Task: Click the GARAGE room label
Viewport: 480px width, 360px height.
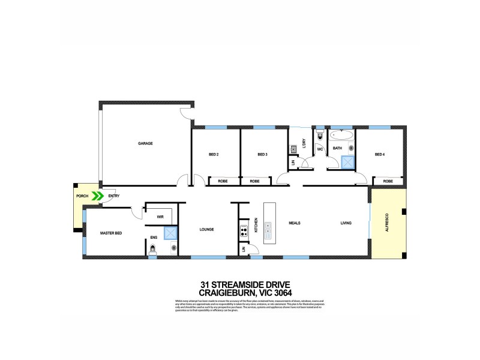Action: [145, 143]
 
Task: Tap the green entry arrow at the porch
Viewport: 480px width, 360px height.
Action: [95, 196]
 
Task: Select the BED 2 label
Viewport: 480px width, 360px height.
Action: [214, 155]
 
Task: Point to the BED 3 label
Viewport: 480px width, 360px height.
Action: [262, 155]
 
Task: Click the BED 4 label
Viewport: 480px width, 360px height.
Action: [379, 155]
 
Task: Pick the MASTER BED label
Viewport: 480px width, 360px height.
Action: [112, 233]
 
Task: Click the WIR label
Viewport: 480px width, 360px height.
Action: [160, 217]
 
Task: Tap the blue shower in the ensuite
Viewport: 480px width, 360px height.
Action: [171, 233]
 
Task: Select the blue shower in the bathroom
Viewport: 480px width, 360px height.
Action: [348, 162]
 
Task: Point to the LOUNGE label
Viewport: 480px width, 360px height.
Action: [207, 230]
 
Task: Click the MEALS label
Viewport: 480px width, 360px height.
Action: [294, 223]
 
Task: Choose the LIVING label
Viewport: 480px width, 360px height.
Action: [346, 223]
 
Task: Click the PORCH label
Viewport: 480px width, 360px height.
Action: [82, 196]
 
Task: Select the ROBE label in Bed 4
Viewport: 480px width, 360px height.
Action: [388, 181]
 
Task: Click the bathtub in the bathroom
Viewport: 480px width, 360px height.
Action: [341, 136]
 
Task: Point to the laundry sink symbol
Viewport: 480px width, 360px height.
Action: [293, 149]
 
